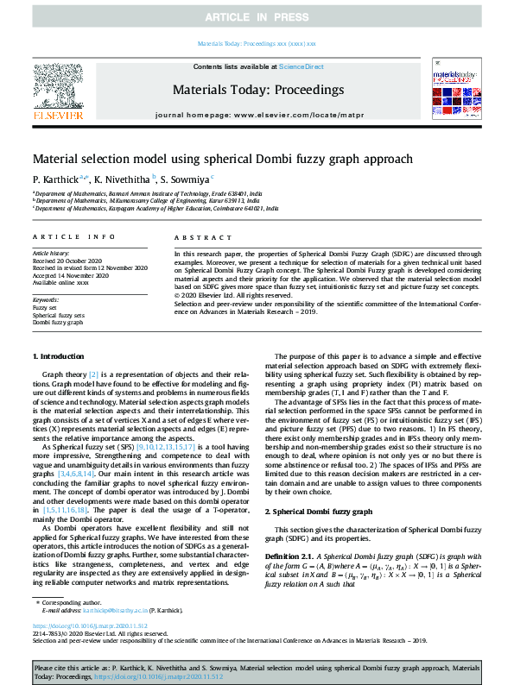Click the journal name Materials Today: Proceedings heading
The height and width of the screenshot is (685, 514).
tap(258, 90)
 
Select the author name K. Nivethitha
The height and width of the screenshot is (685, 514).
tap(123, 179)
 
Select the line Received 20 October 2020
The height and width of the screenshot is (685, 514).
tap(68, 261)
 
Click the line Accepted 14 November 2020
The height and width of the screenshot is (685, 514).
tap(70, 275)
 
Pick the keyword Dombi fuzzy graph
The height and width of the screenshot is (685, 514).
tap(59, 322)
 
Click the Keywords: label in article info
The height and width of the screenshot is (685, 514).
tap(47, 299)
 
